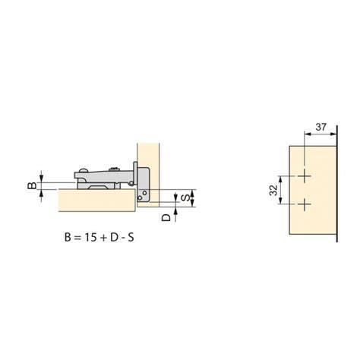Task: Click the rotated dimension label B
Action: (x=32, y=185)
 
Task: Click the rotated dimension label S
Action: (x=185, y=197)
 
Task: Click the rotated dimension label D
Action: (x=166, y=217)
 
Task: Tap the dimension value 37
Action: (x=321, y=127)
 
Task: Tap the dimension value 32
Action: (x=273, y=190)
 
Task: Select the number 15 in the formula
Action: (x=90, y=238)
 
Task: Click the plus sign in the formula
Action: (x=103, y=238)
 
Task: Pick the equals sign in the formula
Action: (x=77, y=238)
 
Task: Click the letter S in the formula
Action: (x=131, y=238)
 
